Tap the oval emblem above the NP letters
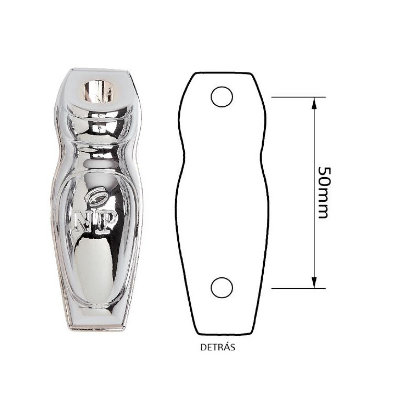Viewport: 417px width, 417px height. coord(96,197)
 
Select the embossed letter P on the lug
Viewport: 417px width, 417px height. coord(106,223)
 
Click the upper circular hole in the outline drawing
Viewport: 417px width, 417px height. coord(222,97)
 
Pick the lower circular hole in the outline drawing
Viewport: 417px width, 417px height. coord(222,288)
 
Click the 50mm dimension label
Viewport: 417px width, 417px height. coord(324,192)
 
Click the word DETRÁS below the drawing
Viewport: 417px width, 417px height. coord(218,347)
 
